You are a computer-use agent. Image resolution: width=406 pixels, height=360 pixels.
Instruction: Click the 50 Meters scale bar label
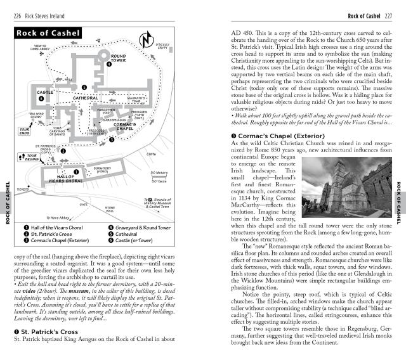pyautogui.click(x=159, y=172)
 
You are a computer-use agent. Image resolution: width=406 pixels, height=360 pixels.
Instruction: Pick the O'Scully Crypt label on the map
pyautogui.click(x=165, y=46)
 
